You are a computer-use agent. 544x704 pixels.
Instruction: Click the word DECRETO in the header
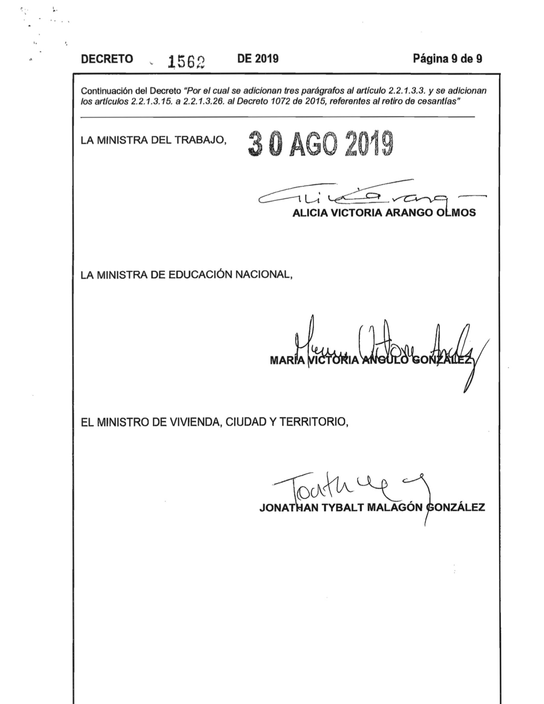point(107,59)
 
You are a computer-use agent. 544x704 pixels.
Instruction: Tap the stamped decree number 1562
point(186,62)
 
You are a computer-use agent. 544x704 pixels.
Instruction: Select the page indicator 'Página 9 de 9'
point(447,58)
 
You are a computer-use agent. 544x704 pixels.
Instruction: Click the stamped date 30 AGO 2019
point(320,144)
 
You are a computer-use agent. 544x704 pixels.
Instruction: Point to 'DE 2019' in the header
point(258,58)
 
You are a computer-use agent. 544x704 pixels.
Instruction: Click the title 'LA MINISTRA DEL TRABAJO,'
point(153,140)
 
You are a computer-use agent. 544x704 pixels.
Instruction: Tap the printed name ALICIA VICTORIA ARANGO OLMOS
point(384,213)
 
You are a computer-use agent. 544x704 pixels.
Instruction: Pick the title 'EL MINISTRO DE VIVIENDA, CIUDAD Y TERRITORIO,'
point(215,422)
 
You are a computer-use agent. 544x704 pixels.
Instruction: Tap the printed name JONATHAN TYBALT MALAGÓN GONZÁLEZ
point(372,508)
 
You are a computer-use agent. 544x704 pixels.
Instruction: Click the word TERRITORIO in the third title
point(314,422)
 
